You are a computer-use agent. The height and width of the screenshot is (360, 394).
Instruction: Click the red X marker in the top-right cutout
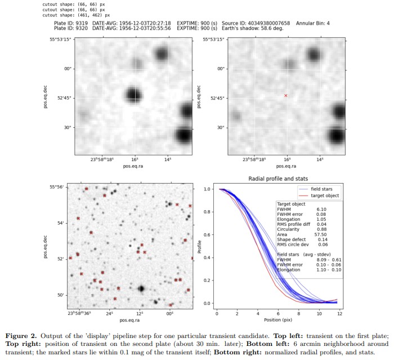coord(286,96)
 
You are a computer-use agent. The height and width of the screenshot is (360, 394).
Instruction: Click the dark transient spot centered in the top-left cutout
coord(133,95)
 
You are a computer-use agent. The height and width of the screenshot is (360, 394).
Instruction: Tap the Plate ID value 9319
coord(82,24)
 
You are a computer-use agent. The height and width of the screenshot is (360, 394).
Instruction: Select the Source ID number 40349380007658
coord(268,24)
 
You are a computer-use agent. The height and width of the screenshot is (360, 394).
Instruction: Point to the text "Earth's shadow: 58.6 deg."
coord(253,28)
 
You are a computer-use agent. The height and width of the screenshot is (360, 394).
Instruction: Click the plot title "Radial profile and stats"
coord(278,179)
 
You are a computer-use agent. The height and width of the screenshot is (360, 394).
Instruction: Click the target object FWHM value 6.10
coord(321,210)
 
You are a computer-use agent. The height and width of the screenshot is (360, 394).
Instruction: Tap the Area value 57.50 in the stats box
coord(321,234)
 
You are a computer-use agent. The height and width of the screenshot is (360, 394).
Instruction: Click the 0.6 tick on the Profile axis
coord(207,235)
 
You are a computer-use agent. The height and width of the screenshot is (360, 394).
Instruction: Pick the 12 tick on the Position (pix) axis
coord(340,313)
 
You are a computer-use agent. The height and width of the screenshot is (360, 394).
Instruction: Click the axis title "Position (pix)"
coord(278,320)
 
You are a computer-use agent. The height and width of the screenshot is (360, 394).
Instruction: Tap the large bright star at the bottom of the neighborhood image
coord(141,288)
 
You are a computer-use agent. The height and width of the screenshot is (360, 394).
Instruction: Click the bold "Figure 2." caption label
coord(21,336)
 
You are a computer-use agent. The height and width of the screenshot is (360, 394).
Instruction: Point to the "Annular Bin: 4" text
coord(313,24)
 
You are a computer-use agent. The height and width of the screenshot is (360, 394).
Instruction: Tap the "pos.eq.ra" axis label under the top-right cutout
coord(286,166)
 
